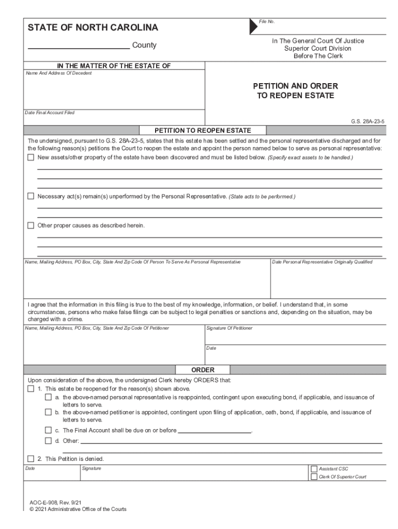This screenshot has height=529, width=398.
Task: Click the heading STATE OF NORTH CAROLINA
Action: [x=93, y=27]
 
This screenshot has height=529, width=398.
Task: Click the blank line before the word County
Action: [x=79, y=46]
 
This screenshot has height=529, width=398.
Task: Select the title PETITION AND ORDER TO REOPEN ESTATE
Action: [x=295, y=91]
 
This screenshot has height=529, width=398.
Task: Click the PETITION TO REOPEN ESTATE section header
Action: [x=203, y=130]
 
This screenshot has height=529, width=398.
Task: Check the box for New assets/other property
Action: [x=30, y=157]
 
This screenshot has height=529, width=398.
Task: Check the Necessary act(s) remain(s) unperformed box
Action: [x=30, y=196]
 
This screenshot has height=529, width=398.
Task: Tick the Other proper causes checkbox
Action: [x=30, y=225]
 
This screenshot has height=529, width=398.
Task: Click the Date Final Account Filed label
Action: [x=50, y=113]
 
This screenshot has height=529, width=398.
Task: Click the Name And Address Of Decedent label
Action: [x=59, y=73]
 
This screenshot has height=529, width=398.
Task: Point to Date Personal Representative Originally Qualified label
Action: [x=322, y=262]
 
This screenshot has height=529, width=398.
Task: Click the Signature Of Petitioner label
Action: [x=229, y=329]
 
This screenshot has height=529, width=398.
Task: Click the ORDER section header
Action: [x=203, y=370]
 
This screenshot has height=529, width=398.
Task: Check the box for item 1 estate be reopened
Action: [x=30, y=388]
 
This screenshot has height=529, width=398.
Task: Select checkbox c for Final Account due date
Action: [x=48, y=430]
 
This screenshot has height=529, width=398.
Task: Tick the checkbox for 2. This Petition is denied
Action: [x=30, y=458]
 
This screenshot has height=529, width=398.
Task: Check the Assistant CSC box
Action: [x=314, y=469]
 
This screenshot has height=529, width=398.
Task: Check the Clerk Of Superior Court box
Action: [x=314, y=477]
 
